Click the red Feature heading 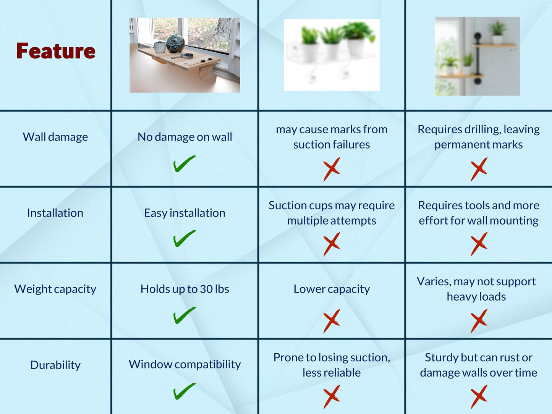point(56,51)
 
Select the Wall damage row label point(55,137)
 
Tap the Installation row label point(55,213)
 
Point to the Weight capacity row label point(55,289)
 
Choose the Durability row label point(55,365)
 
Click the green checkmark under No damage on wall point(185,164)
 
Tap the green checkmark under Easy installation point(185,239)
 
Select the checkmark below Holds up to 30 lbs point(185,315)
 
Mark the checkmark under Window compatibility point(185,391)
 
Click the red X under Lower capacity point(332,321)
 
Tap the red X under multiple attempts point(332,244)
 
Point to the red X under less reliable point(332,397)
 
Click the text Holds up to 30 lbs point(185,289)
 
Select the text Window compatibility point(185,364)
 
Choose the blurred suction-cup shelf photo point(332,55)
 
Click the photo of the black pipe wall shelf point(477,56)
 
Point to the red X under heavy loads point(479,321)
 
